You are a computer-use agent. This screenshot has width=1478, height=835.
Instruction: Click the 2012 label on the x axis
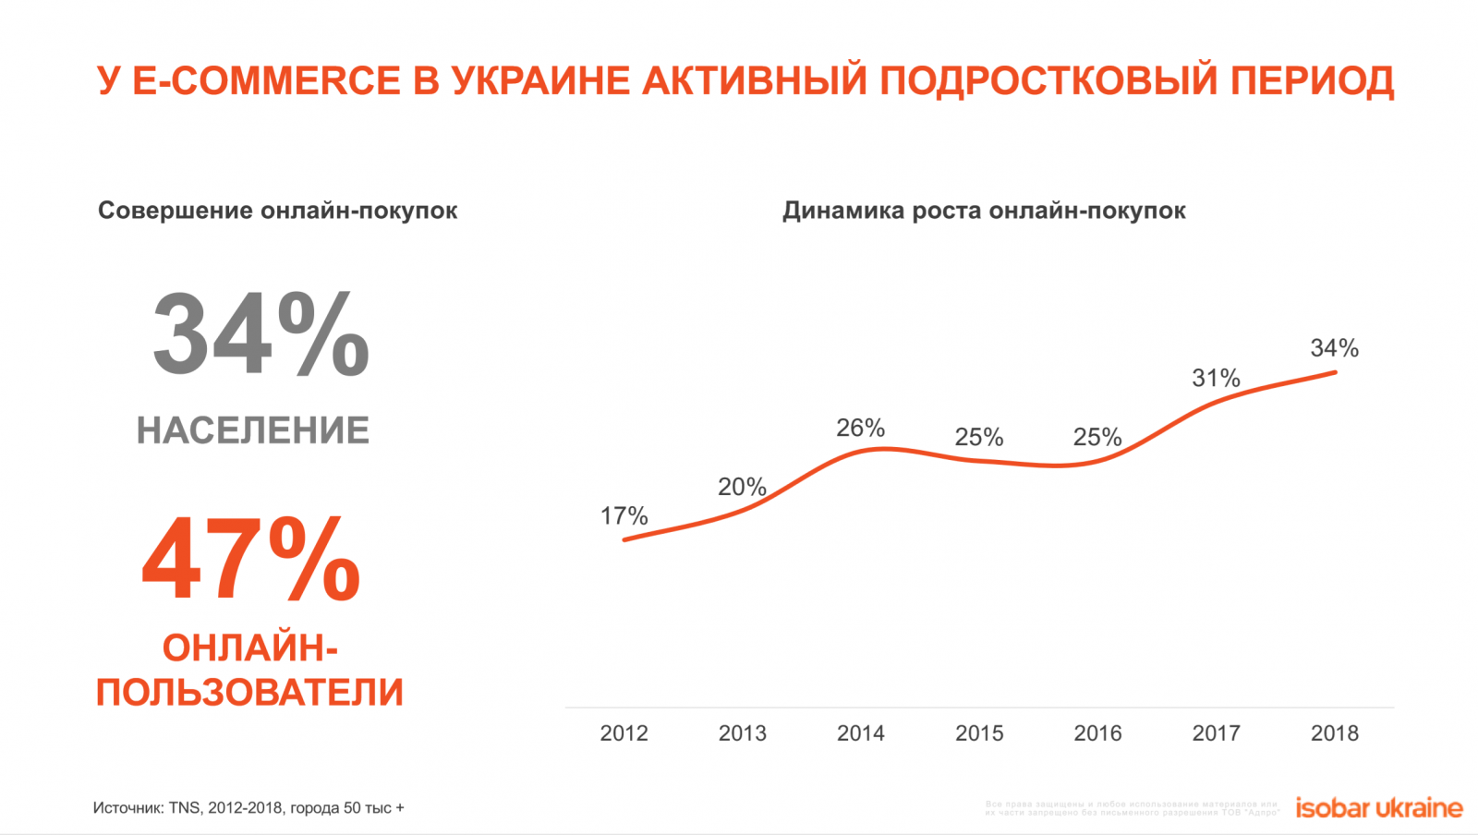tap(624, 733)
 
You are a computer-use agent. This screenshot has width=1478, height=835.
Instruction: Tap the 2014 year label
tap(860, 733)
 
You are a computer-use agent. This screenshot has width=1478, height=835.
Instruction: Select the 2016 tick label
tap(1097, 733)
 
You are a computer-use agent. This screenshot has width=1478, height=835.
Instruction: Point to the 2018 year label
tap(1334, 733)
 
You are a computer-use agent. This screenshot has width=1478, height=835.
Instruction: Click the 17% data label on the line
tap(624, 515)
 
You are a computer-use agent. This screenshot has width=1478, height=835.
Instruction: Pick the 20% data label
tap(742, 487)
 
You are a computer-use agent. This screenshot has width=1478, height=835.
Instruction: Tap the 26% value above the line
tap(860, 428)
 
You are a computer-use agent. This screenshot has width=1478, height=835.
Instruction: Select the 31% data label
tap(1216, 378)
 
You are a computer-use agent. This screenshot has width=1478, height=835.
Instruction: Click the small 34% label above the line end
tap(1334, 348)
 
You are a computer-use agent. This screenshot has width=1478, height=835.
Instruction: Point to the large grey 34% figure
tap(260, 334)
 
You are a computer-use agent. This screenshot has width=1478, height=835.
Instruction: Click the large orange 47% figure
tap(251, 560)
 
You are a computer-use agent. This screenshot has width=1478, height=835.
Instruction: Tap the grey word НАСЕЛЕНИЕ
tap(253, 430)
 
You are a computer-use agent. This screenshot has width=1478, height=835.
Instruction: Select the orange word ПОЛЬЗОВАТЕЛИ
tap(249, 692)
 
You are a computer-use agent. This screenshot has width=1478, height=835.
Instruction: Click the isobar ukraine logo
tap(1378, 808)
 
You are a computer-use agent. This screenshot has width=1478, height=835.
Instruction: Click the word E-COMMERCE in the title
tap(267, 81)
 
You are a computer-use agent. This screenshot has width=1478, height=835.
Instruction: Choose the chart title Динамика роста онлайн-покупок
tap(984, 211)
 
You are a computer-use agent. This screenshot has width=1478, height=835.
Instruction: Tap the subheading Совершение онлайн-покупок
tap(277, 211)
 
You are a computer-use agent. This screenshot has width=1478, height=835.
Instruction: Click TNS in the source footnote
tap(184, 808)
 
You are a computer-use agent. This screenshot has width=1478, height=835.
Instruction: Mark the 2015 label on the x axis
tap(979, 733)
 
